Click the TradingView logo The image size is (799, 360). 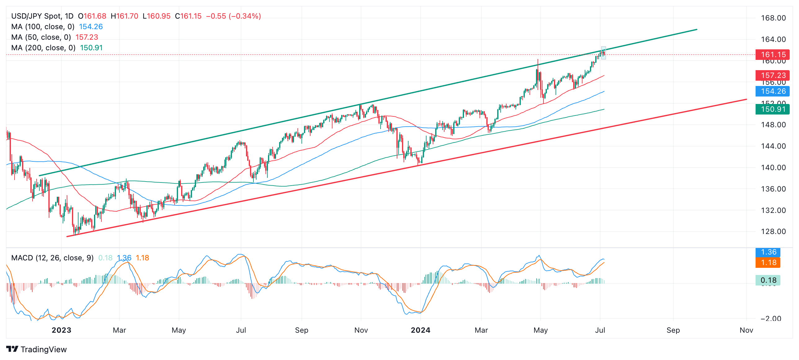coord(36,349)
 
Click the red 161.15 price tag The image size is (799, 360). coord(772,55)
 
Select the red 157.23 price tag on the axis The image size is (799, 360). coord(772,75)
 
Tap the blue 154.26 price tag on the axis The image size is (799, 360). coord(772,91)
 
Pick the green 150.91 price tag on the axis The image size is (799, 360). coord(772,109)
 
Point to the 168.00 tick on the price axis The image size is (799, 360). coord(773,18)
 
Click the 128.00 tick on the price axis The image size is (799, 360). coord(773,232)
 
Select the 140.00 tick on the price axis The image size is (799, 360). coord(773,168)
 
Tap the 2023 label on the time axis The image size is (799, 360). coord(61,330)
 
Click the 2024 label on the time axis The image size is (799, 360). coord(420,330)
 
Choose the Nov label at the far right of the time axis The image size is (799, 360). coord(746,330)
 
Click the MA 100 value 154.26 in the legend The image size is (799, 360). coord(91,27)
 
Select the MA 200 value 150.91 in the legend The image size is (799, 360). coord(91,48)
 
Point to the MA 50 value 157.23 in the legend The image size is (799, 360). coord(87,37)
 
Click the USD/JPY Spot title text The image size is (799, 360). coord(42,16)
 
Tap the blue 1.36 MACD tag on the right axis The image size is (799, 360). coord(768,252)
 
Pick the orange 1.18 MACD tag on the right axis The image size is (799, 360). coord(768,263)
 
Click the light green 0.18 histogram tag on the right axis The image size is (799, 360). coord(768,280)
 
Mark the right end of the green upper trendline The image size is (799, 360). coord(697,29)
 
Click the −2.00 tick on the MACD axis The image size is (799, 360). coord(771,318)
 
